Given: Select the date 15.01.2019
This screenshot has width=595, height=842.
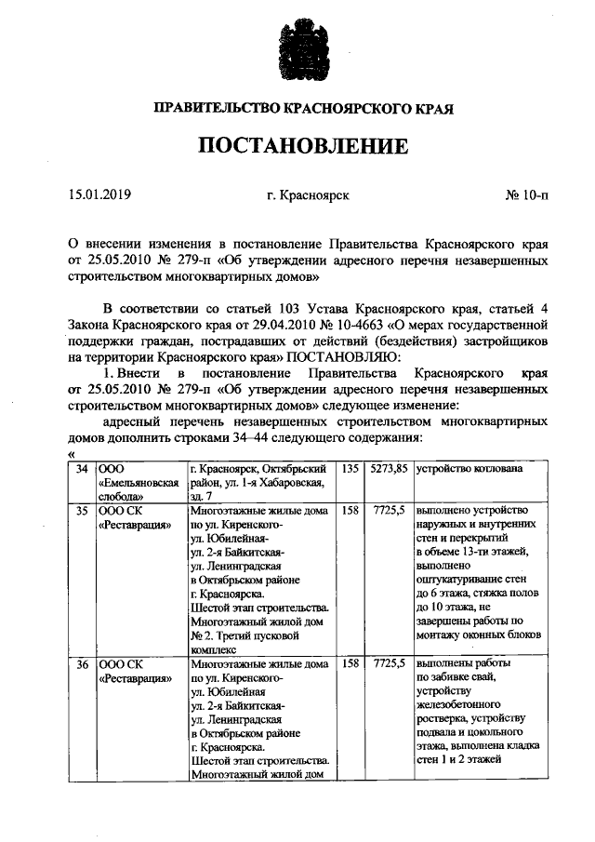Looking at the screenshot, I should point(100,195).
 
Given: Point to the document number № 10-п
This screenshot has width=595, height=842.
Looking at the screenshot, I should point(527,195).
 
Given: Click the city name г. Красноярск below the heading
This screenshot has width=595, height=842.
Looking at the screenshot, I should point(308,195).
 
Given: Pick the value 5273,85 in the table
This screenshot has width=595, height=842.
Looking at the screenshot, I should point(389,469).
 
